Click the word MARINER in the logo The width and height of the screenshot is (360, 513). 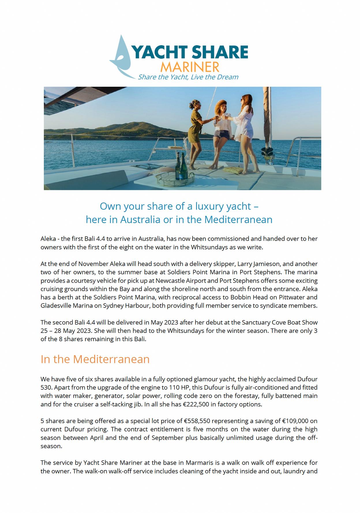coord(190,67)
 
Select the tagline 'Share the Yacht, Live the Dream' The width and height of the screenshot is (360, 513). coord(188,77)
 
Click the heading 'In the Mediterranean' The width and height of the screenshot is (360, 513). coord(95,359)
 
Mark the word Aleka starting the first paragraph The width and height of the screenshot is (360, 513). coord(48,239)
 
